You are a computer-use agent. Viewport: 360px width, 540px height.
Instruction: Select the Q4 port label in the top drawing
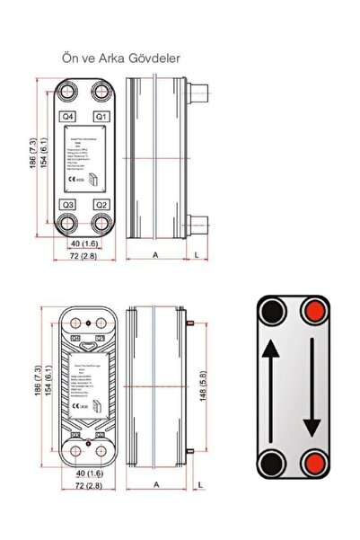pyautogui.click(x=68, y=117)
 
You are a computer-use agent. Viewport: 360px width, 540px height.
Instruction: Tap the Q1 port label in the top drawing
pyautogui.click(x=101, y=117)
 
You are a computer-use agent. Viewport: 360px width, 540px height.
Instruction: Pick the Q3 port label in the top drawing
pyautogui.click(x=68, y=205)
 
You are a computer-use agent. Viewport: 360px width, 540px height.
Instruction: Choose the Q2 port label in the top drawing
pyautogui.click(x=101, y=205)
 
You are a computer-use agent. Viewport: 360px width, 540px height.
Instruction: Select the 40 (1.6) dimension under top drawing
pyautogui.click(x=84, y=243)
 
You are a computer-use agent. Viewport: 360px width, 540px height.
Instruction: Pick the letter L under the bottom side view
pyautogui.click(x=198, y=485)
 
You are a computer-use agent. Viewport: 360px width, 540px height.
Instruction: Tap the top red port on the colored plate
pyautogui.click(x=314, y=313)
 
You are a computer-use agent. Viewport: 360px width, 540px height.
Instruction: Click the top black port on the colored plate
pyautogui.click(x=270, y=313)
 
